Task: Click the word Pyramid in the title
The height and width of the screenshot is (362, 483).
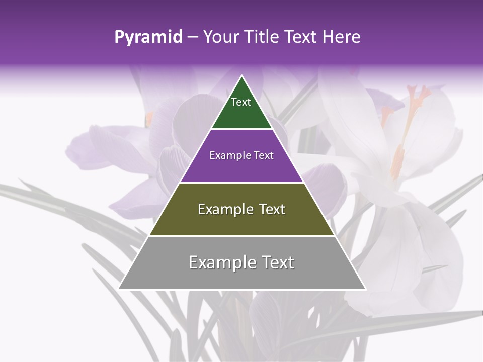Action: click(148, 37)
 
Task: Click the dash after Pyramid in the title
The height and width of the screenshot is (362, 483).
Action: click(192, 37)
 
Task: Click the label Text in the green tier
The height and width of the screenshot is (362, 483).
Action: click(241, 102)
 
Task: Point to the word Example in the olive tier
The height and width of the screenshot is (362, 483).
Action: click(225, 209)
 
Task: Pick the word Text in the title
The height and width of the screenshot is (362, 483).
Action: click(302, 37)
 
